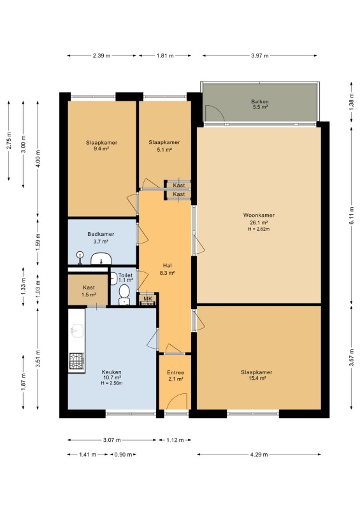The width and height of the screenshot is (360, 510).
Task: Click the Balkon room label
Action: pos(259,104)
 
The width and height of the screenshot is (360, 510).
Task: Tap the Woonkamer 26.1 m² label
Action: pos(259,219)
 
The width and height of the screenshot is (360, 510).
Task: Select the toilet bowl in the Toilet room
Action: pos(124,295)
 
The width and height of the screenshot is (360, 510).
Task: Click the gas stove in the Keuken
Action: pos(76,361)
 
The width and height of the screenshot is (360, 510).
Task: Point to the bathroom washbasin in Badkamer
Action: pos(101,259)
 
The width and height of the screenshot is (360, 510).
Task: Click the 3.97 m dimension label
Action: pos(260,55)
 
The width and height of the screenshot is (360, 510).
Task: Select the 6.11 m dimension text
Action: pos(351,215)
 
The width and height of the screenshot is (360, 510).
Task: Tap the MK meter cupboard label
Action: pos(148,299)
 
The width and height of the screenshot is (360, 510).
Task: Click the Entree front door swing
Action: pos(177,401)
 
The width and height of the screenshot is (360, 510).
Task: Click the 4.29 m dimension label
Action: pos(259,455)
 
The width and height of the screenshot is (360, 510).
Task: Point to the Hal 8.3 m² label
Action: pos(167,269)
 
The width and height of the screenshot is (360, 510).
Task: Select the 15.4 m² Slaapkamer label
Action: pos(257,375)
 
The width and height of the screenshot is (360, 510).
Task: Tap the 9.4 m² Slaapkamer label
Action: pos(101,145)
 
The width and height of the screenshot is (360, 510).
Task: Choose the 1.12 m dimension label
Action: pos(175,440)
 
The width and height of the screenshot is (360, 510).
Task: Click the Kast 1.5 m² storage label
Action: pos(89,291)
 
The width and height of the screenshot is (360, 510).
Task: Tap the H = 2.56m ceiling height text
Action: pos(112,383)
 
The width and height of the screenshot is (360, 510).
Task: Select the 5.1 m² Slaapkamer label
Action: pos(164,146)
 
